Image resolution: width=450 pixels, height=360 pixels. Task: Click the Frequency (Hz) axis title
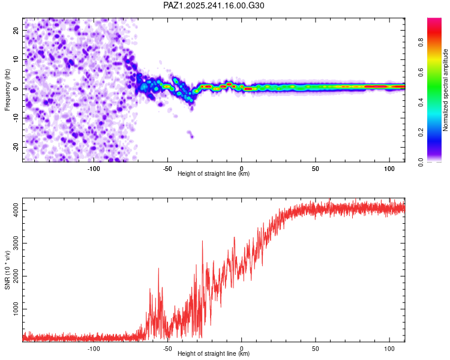(x=7, y=89)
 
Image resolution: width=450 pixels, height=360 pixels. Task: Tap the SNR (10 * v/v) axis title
(x=7, y=269)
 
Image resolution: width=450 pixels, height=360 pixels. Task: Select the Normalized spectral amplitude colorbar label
(x=446, y=89)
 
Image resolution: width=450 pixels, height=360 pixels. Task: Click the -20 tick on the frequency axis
(x=15, y=147)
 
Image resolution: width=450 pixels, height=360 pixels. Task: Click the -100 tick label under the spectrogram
(x=94, y=168)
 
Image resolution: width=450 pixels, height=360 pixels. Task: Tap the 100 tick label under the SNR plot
(x=389, y=348)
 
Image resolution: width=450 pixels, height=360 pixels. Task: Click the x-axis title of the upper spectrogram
(x=214, y=174)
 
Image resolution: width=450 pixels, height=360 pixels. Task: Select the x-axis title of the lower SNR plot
(x=214, y=354)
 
